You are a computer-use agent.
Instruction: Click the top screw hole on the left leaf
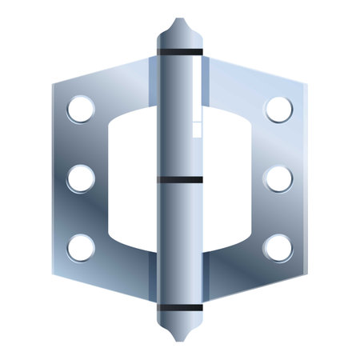pyautogui.click(x=80, y=109)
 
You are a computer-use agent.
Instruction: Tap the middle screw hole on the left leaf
pyautogui.click(x=80, y=178)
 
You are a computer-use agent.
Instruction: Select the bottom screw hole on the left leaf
pyautogui.click(x=80, y=247)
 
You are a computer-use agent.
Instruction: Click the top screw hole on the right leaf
pyautogui.click(x=278, y=109)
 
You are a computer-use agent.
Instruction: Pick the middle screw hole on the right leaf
pyautogui.click(x=278, y=178)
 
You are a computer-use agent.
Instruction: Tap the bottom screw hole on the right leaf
pyautogui.click(x=278, y=247)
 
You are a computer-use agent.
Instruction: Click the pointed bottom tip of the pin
pyautogui.click(x=179, y=339)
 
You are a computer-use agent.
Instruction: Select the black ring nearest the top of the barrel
pyautogui.click(x=179, y=53)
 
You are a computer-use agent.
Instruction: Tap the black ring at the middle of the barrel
pyautogui.click(x=179, y=180)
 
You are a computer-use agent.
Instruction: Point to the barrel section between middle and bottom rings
pyautogui.click(x=179, y=244)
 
